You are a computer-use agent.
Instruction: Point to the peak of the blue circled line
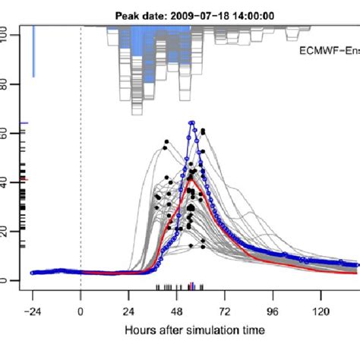(192, 122)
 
